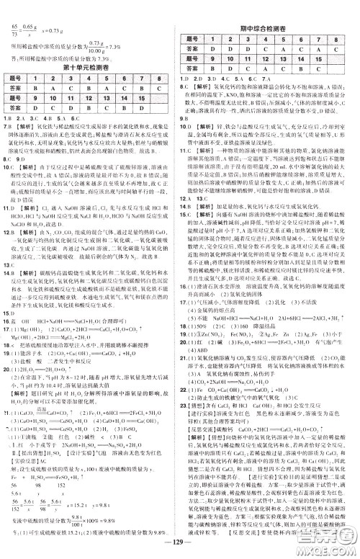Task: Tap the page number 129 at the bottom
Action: click(x=179, y=545)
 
